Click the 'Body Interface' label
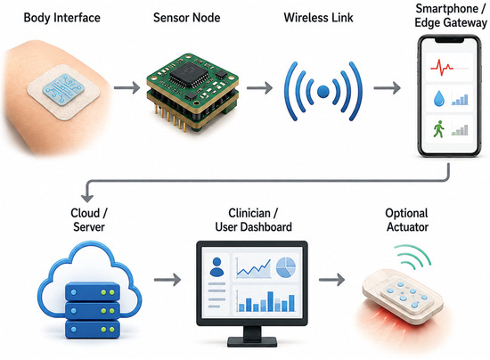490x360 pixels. (61, 18)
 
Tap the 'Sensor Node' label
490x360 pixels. (186, 18)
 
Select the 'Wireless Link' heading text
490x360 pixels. (318, 18)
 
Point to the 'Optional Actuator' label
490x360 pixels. (407, 220)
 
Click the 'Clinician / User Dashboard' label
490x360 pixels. (253, 220)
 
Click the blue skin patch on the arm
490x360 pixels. (63, 89)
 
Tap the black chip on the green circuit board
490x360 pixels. (189, 75)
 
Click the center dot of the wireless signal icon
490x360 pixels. (323, 92)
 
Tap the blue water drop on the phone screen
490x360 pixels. (439, 99)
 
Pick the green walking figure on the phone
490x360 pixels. (438, 129)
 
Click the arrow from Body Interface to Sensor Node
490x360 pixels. (127, 88)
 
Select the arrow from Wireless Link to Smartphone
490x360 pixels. (387, 88)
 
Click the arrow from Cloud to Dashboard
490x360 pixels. (167, 280)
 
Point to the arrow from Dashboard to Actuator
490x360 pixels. (332, 280)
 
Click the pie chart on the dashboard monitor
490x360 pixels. (286, 267)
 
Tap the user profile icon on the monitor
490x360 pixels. (216, 266)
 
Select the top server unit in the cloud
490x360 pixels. (92, 291)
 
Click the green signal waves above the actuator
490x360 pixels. (413, 257)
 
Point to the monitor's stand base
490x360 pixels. (252, 341)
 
